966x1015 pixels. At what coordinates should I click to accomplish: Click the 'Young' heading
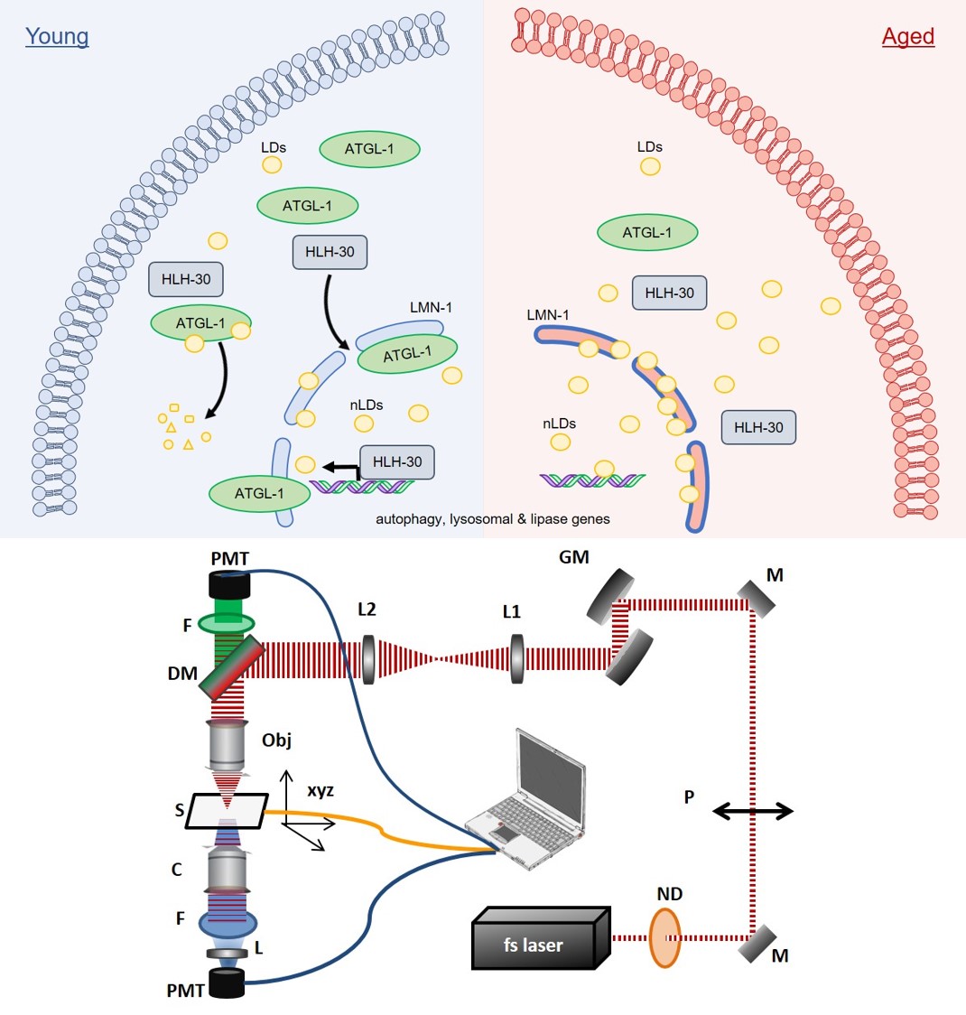pyautogui.click(x=57, y=36)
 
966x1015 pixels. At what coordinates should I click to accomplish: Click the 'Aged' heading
pyautogui.click(x=907, y=36)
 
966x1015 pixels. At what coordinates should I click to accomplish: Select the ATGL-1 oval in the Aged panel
pyautogui.click(x=647, y=233)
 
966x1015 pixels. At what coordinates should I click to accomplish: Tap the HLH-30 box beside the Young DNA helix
pyautogui.click(x=397, y=461)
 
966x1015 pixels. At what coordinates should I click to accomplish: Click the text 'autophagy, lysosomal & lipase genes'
pyautogui.click(x=492, y=519)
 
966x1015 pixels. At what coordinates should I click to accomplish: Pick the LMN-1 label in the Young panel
pyautogui.click(x=431, y=307)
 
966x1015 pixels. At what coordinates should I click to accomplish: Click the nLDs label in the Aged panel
pyautogui.click(x=559, y=424)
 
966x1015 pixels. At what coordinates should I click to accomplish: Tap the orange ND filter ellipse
pyautogui.click(x=665, y=937)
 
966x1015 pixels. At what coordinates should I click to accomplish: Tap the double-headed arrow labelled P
pyautogui.click(x=752, y=811)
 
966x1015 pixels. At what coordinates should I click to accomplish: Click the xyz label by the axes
pyautogui.click(x=320, y=790)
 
